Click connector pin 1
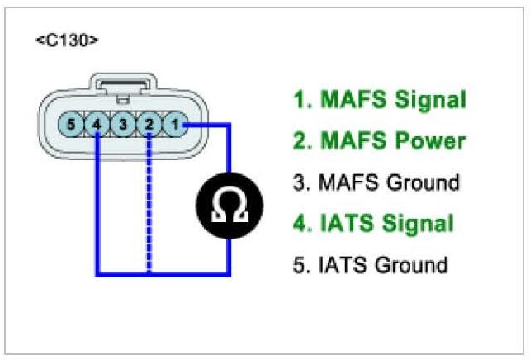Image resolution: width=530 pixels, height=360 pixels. pyautogui.click(x=175, y=126)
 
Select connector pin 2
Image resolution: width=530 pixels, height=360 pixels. pyautogui.click(x=149, y=126)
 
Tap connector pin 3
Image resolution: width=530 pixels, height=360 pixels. pyautogui.click(x=123, y=126)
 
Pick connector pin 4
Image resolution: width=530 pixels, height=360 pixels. pyautogui.click(x=97, y=126)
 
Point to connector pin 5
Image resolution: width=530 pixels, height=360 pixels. pyautogui.click(x=72, y=126)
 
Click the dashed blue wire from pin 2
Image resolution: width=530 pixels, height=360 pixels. pyautogui.click(x=149, y=206)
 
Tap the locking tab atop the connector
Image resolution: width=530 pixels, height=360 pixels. pyautogui.click(x=124, y=84)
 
